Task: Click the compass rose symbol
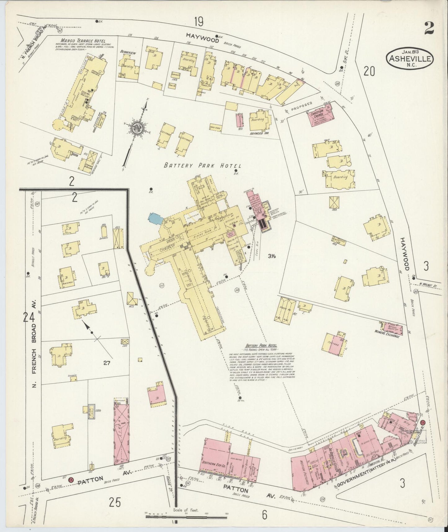pos(136,128)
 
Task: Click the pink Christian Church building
pos(320,115)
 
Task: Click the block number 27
pos(107,362)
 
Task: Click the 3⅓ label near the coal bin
pos(272,256)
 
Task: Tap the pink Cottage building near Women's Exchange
pos(334,344)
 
